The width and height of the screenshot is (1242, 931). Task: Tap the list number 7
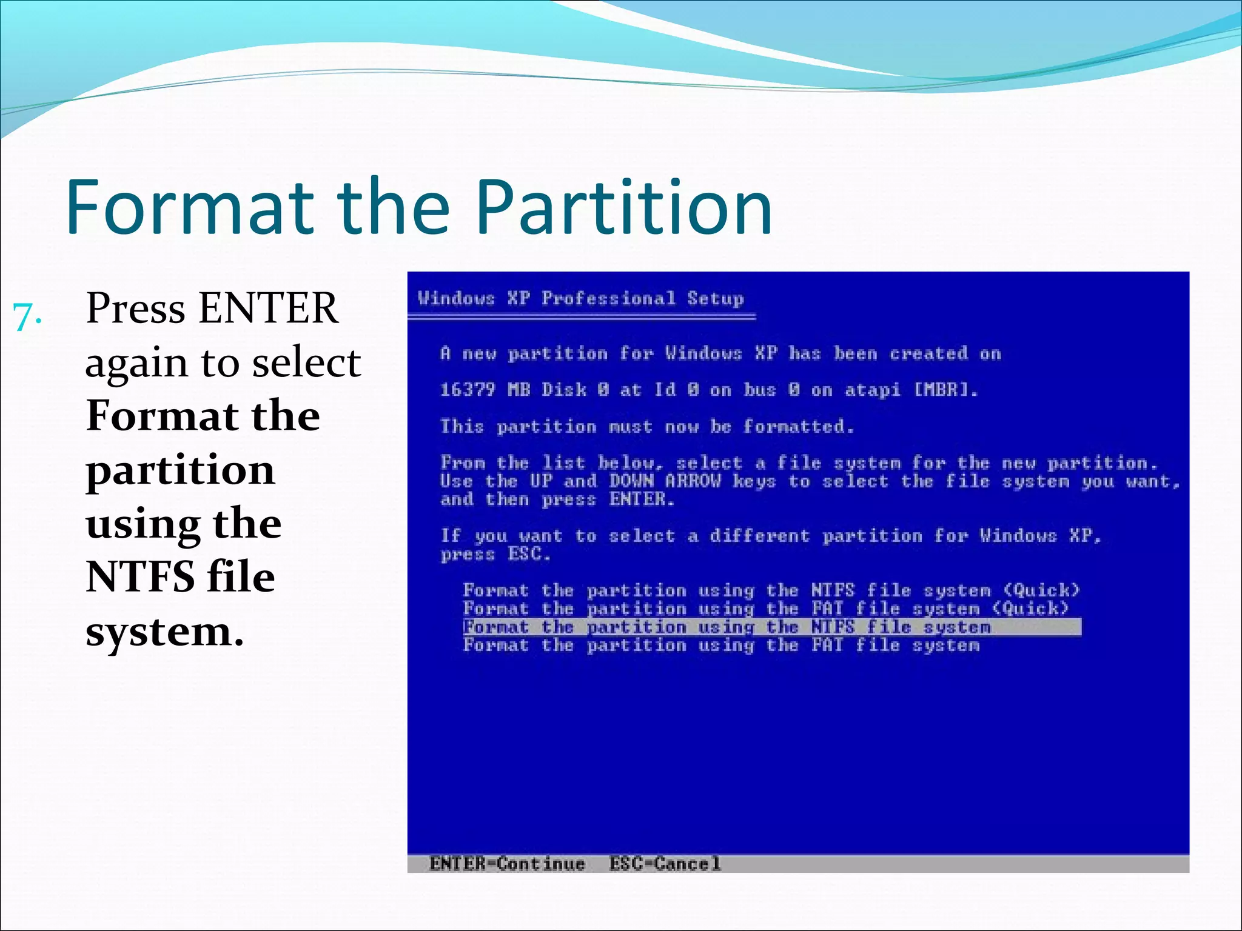point(27,316)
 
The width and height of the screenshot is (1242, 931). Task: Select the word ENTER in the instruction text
point(268,308)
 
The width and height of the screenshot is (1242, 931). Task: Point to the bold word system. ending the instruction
point(164,631)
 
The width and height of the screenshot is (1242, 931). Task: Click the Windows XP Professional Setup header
point(580,298)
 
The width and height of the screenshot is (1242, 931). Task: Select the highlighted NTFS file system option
point(727,627)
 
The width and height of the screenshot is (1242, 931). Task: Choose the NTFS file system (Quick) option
point(771,590)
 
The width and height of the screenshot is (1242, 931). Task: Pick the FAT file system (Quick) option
point(765,609)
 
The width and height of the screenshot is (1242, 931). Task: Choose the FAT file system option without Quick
point(721,645)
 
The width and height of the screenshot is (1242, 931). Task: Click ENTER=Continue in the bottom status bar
point(507,863)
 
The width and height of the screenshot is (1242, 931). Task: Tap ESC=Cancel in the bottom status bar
point(665,863)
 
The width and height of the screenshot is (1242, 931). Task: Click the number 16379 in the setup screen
point(468,389)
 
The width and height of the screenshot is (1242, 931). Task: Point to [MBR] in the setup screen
point(945,389)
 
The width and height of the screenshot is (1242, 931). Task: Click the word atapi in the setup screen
point(872,390)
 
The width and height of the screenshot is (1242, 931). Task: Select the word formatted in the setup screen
point(798,426)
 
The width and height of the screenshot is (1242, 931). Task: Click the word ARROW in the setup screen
point(693,481)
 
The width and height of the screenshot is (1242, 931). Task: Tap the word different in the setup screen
point(760,536)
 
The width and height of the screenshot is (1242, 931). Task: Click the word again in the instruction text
point(137,362)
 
